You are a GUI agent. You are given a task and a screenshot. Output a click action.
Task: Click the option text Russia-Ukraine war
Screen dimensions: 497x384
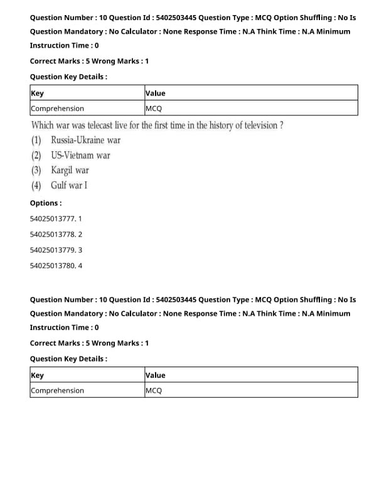(85, 140)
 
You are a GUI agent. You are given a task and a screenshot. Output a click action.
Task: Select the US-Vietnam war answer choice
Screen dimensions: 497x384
(80, 155)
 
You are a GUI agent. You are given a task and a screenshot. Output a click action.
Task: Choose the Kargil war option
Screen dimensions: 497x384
(70, 170)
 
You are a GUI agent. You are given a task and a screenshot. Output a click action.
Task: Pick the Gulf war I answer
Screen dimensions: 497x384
(69, 185)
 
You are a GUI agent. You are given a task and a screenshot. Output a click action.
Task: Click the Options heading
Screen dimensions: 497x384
(46, 203)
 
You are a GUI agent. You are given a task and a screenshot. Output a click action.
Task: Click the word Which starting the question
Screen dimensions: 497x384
(42, 126)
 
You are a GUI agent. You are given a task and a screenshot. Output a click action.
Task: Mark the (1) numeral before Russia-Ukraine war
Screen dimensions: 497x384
(36, 140)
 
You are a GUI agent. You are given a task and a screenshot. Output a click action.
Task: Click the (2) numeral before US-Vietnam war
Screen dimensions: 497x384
(36, 155)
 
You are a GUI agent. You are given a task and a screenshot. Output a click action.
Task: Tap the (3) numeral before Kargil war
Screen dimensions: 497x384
(36, 170)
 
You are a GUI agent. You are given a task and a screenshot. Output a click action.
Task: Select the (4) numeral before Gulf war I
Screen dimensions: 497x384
(36, 185)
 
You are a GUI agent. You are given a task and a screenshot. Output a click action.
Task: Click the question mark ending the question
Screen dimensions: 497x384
(281, 126)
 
